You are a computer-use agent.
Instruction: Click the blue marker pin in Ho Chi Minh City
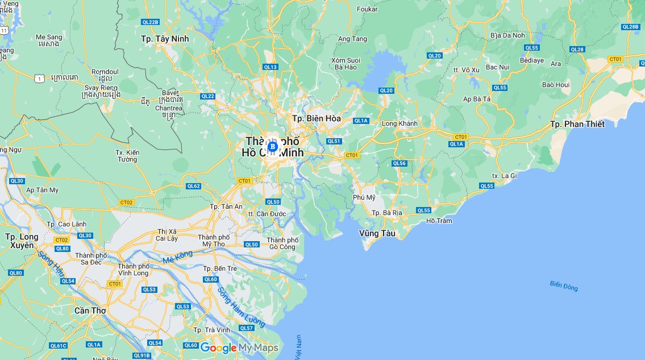[272, 147]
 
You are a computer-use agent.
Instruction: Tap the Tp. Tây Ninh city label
[165, 39]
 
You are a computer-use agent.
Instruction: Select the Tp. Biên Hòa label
[316, 118]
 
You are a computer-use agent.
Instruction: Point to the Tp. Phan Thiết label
[577, 124]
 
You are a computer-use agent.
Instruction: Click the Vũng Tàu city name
[377, 233]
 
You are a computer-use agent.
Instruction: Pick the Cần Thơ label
[90, 311]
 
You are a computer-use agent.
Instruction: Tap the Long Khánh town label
[400, 123]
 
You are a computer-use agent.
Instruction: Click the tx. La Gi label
[504, 176]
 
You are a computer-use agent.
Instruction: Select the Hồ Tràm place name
[439, 221]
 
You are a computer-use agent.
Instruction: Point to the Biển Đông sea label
[564, 286]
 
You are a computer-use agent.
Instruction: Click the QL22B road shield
[150, 22]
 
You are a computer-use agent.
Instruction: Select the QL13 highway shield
[271, 67]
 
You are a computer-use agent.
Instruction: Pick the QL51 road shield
[334, 141]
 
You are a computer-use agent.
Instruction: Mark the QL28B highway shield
[630, 27]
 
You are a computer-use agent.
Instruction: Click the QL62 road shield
[193, 186]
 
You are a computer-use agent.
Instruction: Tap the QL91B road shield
[142, 355]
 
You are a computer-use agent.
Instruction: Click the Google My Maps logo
[239, 347]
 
